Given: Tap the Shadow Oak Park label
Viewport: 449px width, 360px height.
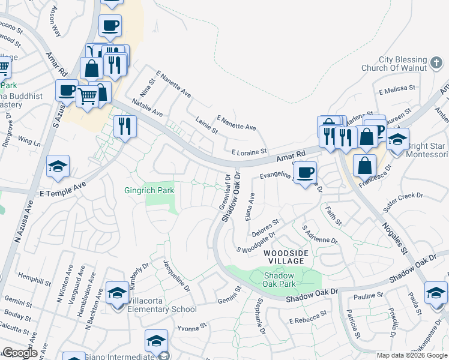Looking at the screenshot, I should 280,279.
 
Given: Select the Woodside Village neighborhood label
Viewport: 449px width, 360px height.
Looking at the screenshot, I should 286,258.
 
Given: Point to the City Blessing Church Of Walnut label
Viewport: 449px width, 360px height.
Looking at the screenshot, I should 403,64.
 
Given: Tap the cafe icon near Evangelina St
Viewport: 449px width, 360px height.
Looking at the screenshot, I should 306,173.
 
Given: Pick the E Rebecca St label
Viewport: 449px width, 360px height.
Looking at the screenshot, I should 307,317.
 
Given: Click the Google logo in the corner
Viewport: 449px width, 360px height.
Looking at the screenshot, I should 20,353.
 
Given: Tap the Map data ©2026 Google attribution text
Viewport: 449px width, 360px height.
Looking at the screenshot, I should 412,355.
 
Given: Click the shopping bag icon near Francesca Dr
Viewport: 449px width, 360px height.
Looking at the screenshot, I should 364,164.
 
